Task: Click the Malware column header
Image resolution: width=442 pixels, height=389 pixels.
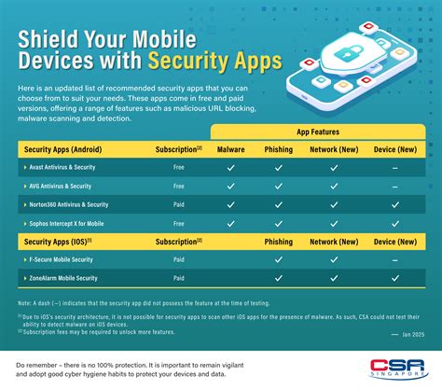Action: pyautogui.click(x=230, y=149)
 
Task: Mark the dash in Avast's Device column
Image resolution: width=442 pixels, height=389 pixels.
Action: pyautogui.click(x=395, y=168)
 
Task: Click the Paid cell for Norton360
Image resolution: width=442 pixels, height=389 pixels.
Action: pyautogui.click(x=179, y=204)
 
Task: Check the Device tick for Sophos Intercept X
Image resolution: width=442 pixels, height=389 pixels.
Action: pyautogui.click(x=395, y=224)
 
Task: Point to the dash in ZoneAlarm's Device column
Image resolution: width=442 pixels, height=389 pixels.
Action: pyautogui.click(x=395, y=278)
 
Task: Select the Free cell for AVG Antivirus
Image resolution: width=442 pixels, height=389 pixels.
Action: pyautogui.click(x=179, y=186)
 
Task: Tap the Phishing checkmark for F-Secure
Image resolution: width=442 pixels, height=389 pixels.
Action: pyautogui.click(x=278, y=259)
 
